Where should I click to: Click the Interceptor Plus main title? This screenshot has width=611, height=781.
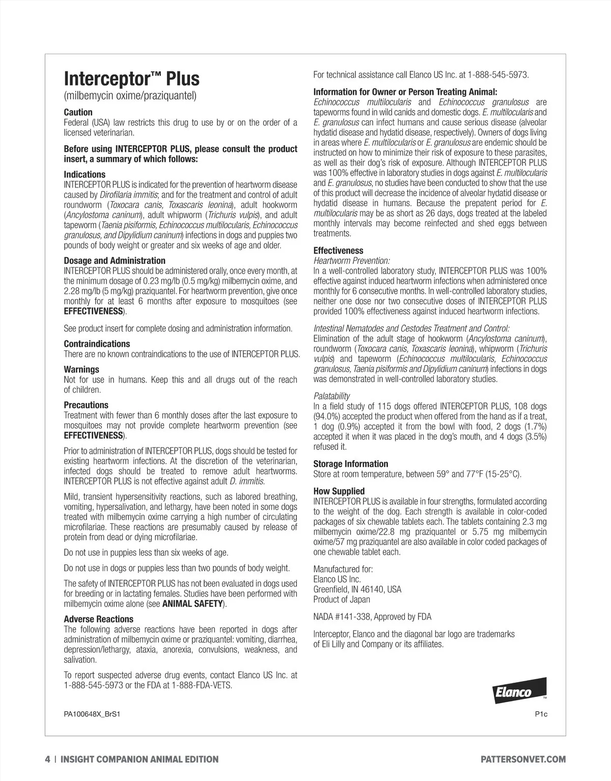pos(131,79)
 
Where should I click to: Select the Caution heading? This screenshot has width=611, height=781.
pos(78,112)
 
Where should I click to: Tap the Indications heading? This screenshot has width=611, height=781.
pos(85,174)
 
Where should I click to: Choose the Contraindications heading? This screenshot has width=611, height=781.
pos(97,344)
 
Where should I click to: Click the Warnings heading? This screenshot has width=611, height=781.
pos(81,369)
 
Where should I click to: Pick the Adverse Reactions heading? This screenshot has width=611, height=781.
pos(98,619)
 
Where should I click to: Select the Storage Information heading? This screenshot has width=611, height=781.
pos(350,464)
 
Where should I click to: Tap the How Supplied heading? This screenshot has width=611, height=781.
pos(339,491)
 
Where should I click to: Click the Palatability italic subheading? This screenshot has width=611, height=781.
pos(331,396)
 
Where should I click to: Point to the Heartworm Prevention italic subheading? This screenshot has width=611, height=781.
pos(351,261)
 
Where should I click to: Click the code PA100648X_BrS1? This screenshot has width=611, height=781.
pos(92,714)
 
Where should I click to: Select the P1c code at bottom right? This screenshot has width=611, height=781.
pos(541,714)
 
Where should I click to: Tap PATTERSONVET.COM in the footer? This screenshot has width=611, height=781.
pos(523,759)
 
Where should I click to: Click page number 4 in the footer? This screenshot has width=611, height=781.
pos(47,759)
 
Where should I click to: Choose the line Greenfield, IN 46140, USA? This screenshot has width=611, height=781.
pos(357,589)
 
